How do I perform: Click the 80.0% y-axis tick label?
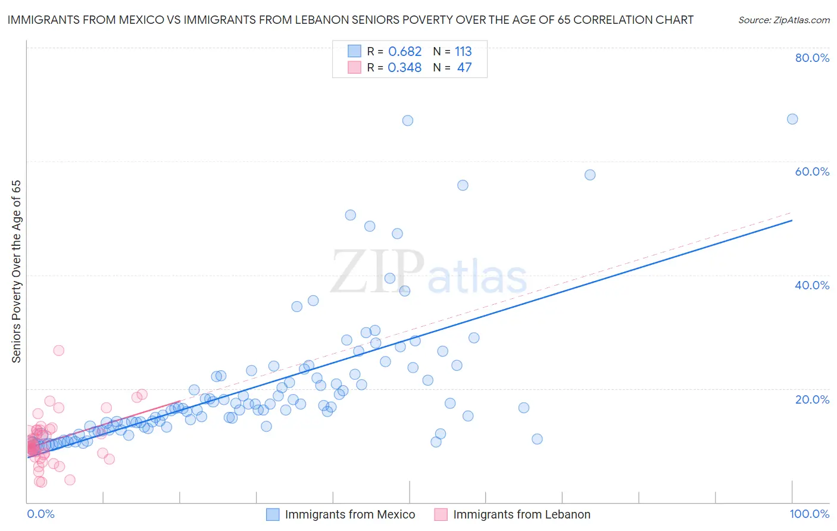[812, 58]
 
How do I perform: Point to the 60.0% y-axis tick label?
[812, 171]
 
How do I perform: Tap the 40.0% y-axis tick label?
[812, 285]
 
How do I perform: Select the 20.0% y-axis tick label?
[812, 399]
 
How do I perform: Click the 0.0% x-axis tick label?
[40, 514]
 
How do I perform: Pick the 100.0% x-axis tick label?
[809, 514]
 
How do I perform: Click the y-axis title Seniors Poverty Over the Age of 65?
[16, 271]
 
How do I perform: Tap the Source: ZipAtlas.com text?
[783, 20]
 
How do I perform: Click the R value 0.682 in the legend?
[405, 51]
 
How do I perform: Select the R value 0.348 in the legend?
[405, 67]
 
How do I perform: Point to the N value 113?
[463, 51]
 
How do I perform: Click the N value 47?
[464, 67]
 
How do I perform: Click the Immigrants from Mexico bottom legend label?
[350, 514]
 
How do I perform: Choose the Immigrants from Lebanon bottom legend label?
[521, 514]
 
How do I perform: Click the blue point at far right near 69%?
[792, 119]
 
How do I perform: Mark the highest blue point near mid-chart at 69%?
[408, 120]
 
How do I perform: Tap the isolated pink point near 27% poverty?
[58, 350]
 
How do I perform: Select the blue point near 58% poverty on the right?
[590, 175]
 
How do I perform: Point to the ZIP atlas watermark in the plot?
[429, 273]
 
